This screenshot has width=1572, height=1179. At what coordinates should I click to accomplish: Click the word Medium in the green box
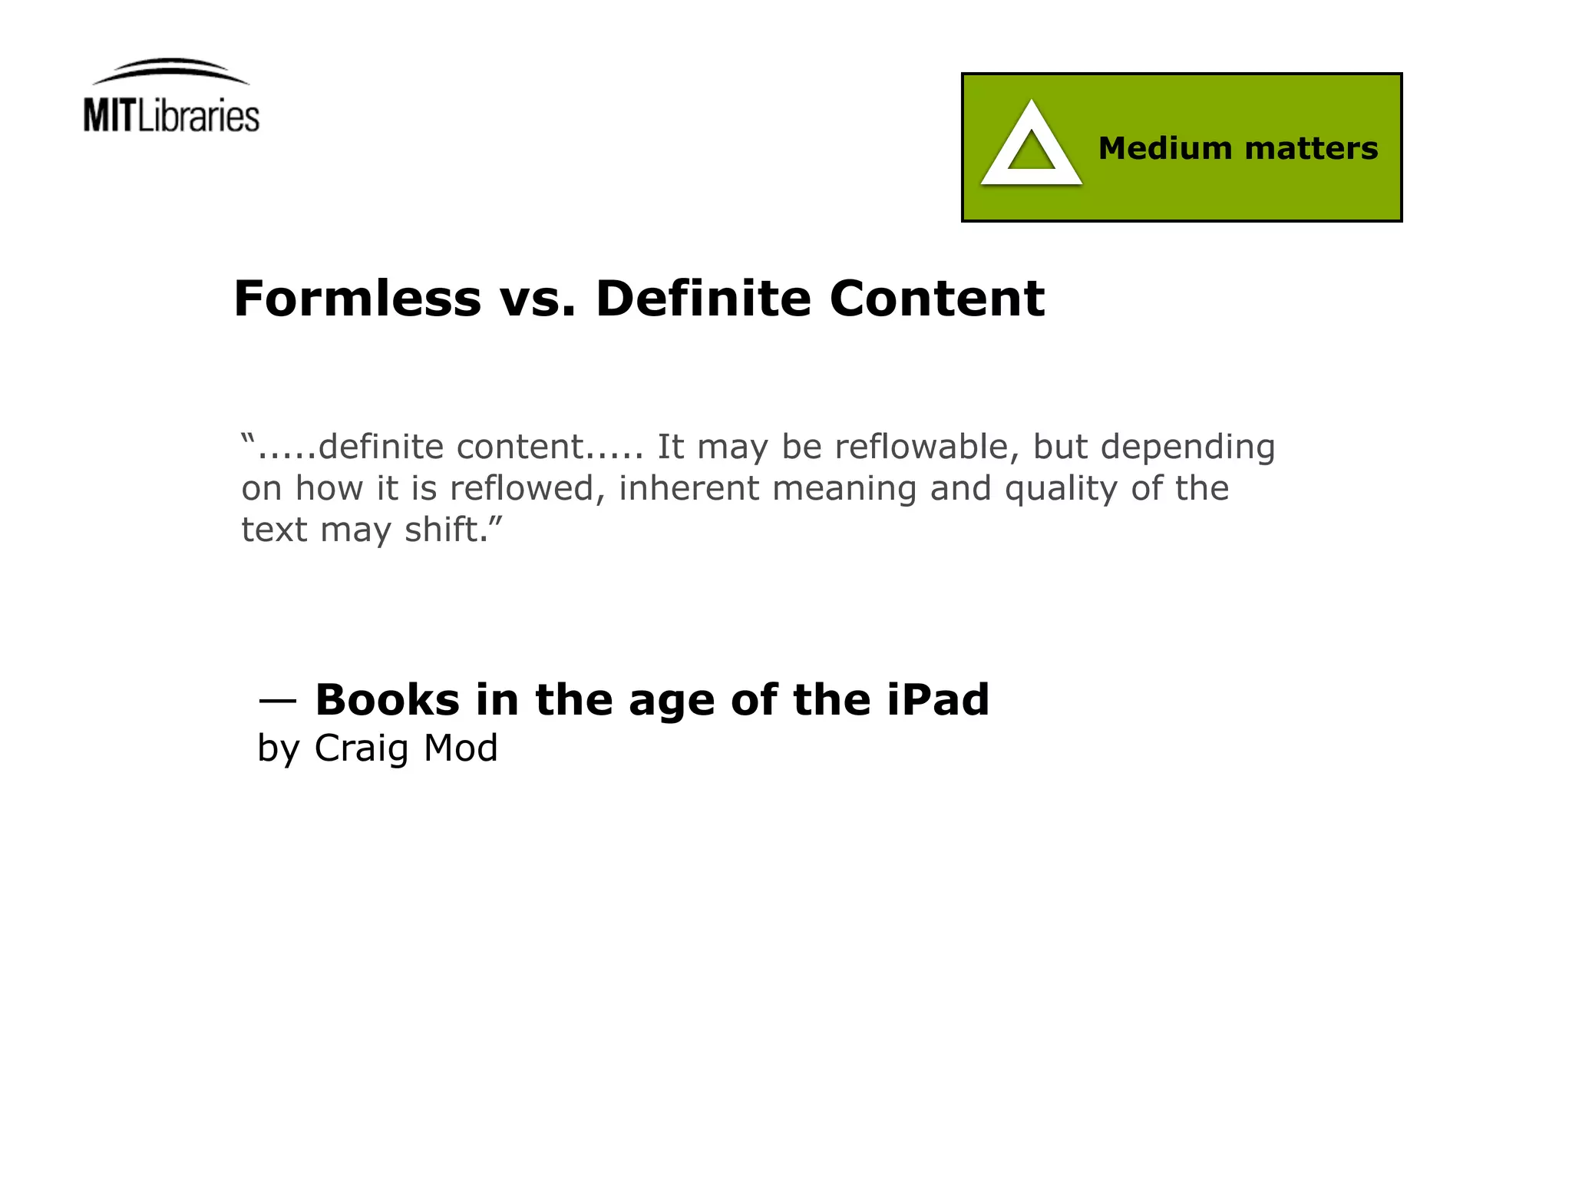pos(1164,148)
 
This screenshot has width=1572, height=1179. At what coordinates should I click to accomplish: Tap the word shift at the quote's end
pos(445,530)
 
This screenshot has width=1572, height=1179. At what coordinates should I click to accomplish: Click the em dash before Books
pos(277,700)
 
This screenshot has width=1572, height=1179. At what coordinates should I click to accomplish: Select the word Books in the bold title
pos(387,700)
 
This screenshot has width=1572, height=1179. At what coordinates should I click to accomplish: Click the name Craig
pos(361,749)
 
